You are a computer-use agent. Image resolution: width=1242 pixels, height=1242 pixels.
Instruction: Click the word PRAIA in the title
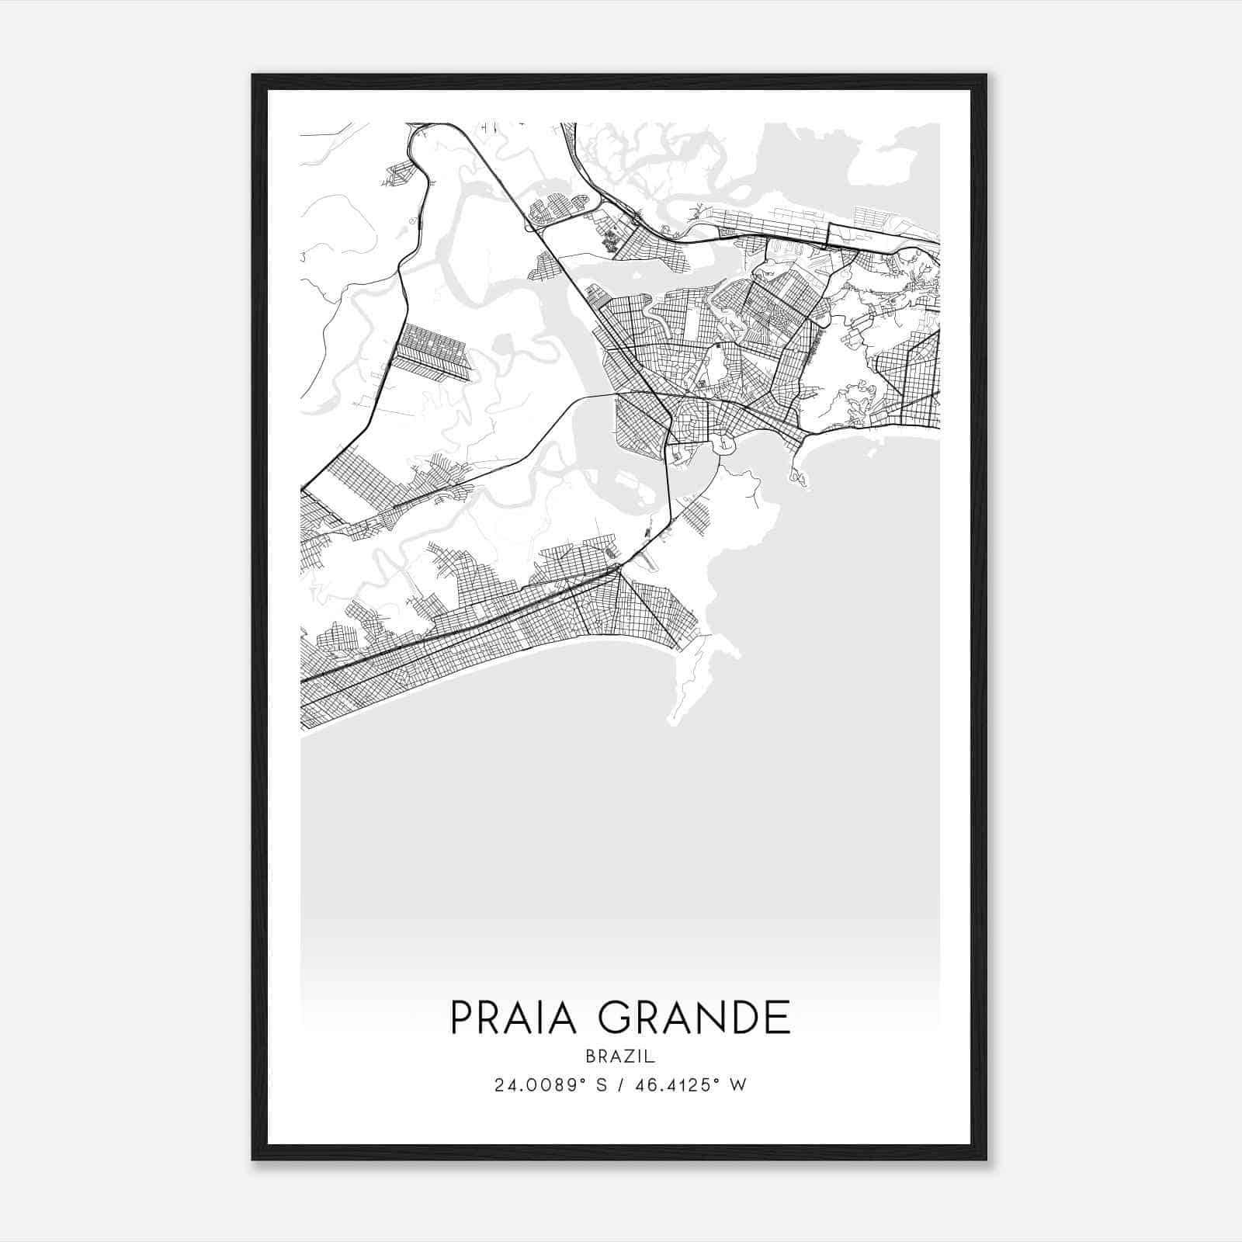click(514, 1018)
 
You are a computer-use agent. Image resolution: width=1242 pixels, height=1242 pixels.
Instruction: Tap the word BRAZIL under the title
click(620, 1056)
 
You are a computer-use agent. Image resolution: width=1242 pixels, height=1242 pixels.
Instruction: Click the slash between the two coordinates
click(619, 1085)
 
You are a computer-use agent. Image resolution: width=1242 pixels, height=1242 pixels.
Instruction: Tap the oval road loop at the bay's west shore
click(724, 445)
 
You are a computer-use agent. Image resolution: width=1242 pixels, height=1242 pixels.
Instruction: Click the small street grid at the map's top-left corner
click(397, 174)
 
